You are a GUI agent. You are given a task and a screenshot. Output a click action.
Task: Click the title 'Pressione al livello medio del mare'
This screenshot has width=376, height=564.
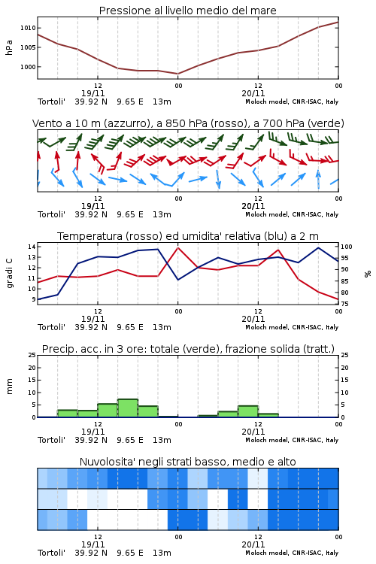click(x=187, y=11)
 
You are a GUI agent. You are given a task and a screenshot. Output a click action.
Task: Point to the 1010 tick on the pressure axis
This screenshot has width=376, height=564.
click(x=28, y=28)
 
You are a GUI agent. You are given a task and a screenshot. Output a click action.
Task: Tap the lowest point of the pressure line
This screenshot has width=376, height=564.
click(x=177, y=74)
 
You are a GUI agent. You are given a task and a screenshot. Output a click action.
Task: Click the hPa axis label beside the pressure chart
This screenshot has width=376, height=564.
click(x=9, y=47)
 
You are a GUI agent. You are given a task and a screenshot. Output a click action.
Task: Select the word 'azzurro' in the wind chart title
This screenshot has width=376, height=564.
click(x=126, y=123)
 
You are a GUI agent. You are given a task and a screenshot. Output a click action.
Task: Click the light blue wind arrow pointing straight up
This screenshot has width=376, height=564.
click(x=318, y=179)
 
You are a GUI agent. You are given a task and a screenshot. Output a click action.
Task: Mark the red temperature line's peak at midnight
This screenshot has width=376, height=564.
click(x=177, y=247)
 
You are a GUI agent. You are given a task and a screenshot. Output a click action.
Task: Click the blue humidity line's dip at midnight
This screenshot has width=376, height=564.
click(x=177, y=280)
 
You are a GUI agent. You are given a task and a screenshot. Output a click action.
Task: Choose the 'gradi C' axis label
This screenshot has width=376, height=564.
click(x=9, y=273)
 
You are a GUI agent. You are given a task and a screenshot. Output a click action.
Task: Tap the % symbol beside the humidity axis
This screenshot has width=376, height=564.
click(x=368, y=274)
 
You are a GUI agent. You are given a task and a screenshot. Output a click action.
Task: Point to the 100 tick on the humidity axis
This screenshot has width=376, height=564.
click(x=347, y=247)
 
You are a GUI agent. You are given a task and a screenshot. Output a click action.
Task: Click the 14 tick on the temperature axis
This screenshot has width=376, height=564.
click(x=32, y=247)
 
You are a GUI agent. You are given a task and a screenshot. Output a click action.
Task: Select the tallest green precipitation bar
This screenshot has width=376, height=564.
click(x=128, y=408)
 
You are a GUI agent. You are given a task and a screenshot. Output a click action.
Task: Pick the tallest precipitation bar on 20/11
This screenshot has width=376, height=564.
click(x=248, y=411)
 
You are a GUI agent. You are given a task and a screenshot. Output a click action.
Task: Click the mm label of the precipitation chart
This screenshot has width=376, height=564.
click(x=9, y=387)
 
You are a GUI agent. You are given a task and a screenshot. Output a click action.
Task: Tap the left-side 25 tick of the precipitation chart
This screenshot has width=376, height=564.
click(x=32, y=355)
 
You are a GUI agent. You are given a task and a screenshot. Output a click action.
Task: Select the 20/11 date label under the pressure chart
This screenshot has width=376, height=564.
click(x=253, y=93)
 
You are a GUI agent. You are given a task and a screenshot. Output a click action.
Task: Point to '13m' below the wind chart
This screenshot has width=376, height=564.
click(x=162, y=214)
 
